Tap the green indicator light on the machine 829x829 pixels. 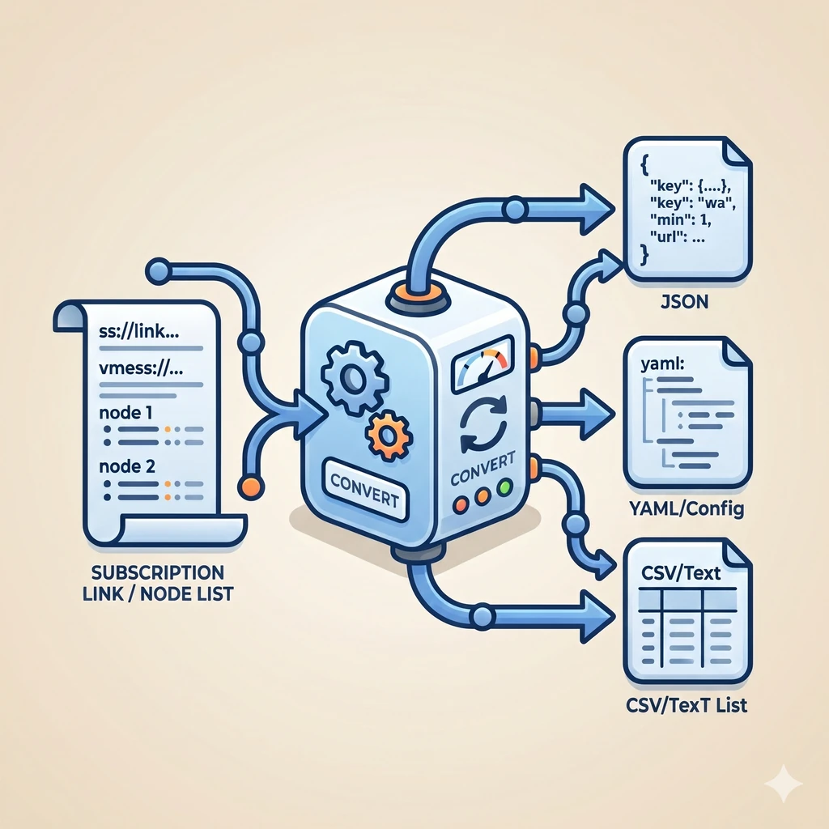(507, 488)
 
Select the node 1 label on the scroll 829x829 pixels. (125, 411)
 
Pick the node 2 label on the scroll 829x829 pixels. (125, 467)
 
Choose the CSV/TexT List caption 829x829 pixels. (687, 704)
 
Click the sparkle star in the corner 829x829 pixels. (784, 784)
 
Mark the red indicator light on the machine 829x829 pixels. (462, 504)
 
